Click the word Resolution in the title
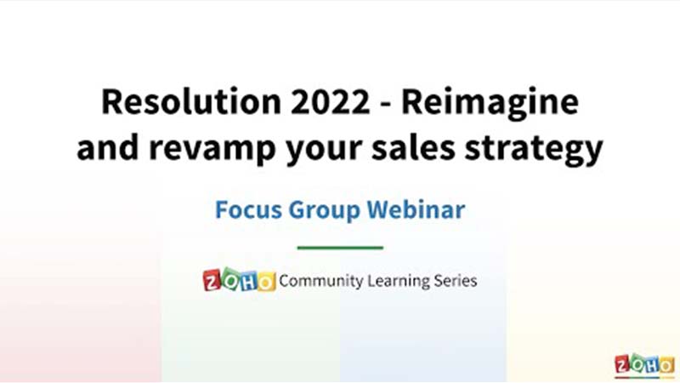point(191,101)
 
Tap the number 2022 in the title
point(331,102)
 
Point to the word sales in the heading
point(413,146)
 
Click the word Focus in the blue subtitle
point(248,209)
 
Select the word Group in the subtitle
point(325,211)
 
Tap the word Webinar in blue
point(416,209)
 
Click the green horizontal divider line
point(340,248)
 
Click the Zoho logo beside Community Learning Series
point(239,280)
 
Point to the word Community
point(321,282)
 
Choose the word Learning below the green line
point(398,282)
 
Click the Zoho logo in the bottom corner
point(644,365)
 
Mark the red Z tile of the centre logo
point(212,281)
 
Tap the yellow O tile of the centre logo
point(266,282)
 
